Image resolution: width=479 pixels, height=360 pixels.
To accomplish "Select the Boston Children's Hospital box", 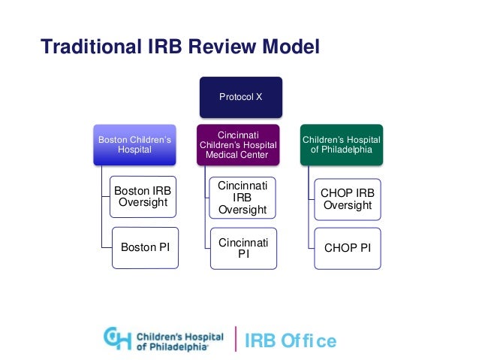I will (x=135, y=144).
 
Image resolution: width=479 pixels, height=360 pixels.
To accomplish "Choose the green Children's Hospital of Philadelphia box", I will (x=342, y=144).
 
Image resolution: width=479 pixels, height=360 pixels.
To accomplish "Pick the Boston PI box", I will (x=145, y=247).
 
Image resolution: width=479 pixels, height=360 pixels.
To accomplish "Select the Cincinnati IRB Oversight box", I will (x=242, y=198).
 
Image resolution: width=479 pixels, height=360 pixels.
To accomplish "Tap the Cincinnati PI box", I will (x=242, y=247).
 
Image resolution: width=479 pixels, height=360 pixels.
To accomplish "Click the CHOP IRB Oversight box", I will (x=348, y=198).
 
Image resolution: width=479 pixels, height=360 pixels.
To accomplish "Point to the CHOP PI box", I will (x=348, y=247).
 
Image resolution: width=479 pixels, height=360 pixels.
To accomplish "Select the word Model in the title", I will (x=291, y=47).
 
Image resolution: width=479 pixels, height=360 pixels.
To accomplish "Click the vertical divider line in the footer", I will (x=236, y=340).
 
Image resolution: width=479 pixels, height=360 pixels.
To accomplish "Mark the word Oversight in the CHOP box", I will (x=348, y=205).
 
